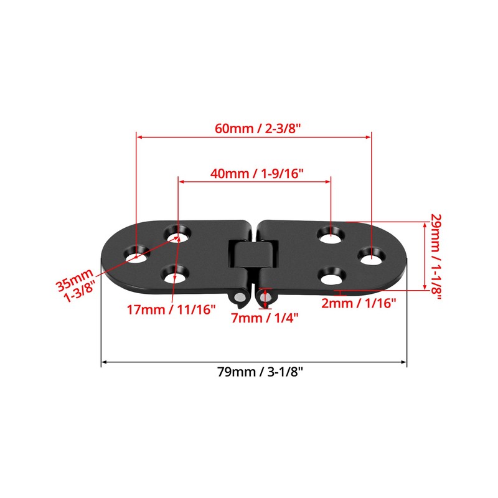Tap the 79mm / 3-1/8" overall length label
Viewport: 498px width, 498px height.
click(255, 372)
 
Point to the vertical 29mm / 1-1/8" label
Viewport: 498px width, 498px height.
click(435, 256)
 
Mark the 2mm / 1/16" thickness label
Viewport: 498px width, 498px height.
click(359, 303)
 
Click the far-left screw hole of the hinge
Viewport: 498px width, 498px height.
click(136, 255)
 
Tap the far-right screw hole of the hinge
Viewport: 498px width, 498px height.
click(371, 255)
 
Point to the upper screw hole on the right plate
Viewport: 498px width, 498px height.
click(330, 235)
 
